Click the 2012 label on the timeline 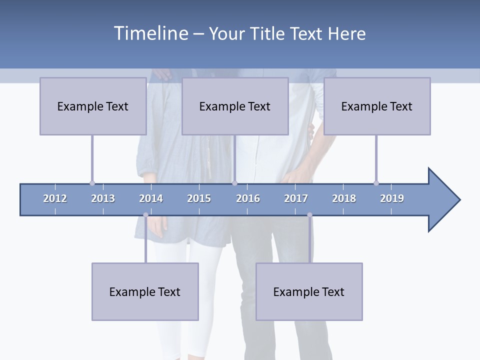click(x=55, y=198)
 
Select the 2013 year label click(x=103, y=198)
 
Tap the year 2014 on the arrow click(x=151, y=198)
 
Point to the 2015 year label click(x=199, y=198)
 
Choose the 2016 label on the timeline click(x=248, y=198)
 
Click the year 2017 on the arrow click(x=296, y=198)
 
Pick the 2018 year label click(x=344, y=198)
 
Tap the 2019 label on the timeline click(x=392, y=198)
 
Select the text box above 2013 click(x=93, y=106)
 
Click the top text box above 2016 click(x=235, y=106)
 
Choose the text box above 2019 click(x=377, y=106)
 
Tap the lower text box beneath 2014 click(x=145, y=291)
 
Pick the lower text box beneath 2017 click(x=309, y=291)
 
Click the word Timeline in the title click(x=150, y=33)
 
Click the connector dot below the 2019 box click(x=376, y=183)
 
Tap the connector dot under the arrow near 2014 click(x=145, y=215)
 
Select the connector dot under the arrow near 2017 click(x=309, y=215)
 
